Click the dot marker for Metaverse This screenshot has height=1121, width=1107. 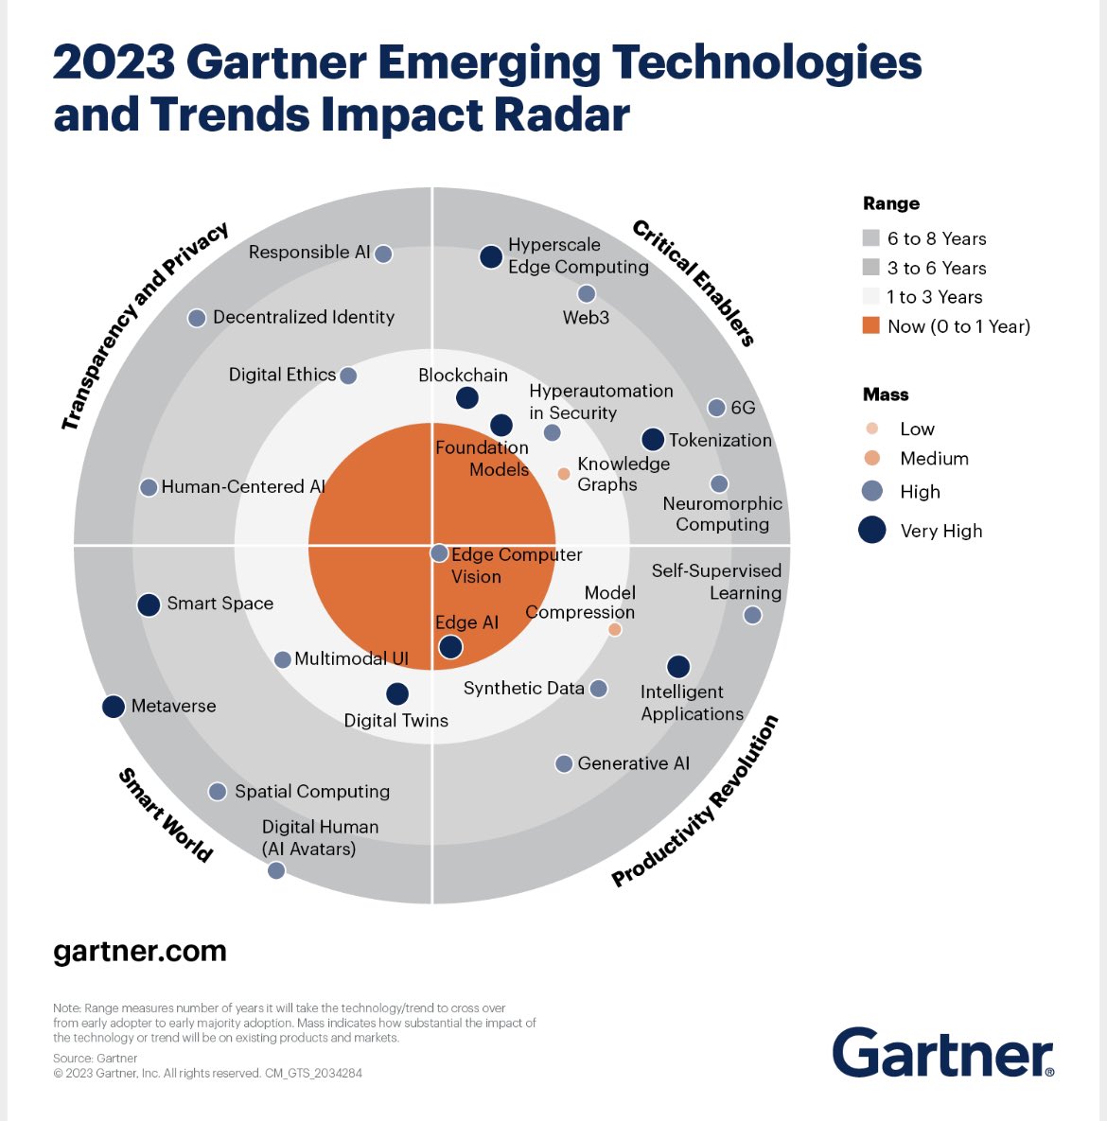(x=114, y=707)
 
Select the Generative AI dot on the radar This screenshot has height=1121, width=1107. (x=564, y=763)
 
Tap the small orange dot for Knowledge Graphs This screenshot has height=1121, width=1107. (x=564, y=474)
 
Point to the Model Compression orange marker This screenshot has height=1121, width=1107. (x=615, y=629)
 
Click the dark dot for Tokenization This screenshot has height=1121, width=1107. (x=653, y=440)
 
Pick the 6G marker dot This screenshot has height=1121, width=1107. (x=717, y=408)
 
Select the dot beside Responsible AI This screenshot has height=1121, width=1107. (x=383, y=254)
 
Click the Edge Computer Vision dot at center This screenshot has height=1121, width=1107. (x=439, y=552)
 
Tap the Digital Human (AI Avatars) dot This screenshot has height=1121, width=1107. (x=276, y=870)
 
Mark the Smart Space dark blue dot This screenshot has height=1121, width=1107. (x=149, y=604)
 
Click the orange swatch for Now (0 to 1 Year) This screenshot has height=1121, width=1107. (x=871, y=326)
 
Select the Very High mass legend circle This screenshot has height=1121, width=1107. (x=871, y=531)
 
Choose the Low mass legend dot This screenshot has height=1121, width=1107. (x=872, y=429)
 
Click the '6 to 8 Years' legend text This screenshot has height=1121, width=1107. (x=937, y=238)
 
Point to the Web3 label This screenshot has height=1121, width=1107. (x=586, y=318)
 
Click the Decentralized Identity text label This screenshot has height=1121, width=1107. (x=304, y=317)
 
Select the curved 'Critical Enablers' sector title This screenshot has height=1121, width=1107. (x=694, y=283)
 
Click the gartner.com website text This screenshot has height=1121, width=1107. (x=140, y=951)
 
